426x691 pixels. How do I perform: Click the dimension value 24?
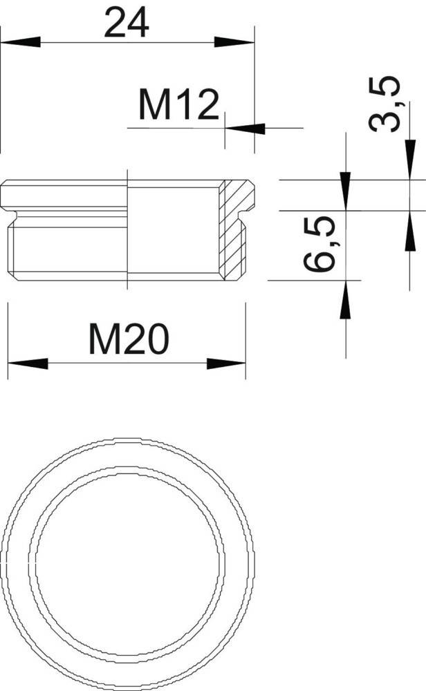click(x=127, y=23)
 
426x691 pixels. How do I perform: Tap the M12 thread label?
click(x=178, y=104)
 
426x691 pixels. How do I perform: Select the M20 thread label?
click(x=129, y=339)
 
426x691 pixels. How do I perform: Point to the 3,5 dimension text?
click(x=385, y=104)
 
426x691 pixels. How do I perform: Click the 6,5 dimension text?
click(x=319, y=243)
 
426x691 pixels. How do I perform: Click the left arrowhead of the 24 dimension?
click(x=20, y=42)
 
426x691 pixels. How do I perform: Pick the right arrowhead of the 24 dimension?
click(x=234, y=42)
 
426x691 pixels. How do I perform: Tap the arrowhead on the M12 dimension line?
click(x=246, y=129)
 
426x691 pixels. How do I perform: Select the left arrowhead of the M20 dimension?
click(x=28, y=363)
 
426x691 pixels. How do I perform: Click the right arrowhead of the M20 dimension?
click(x=225, y=363)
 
